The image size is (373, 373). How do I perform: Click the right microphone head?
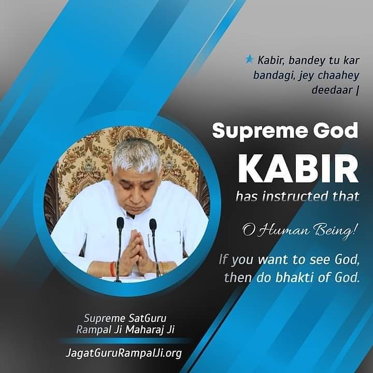point(153,224)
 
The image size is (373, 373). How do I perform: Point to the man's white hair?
point(137,153)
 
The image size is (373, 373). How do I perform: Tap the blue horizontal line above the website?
point(124,341)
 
